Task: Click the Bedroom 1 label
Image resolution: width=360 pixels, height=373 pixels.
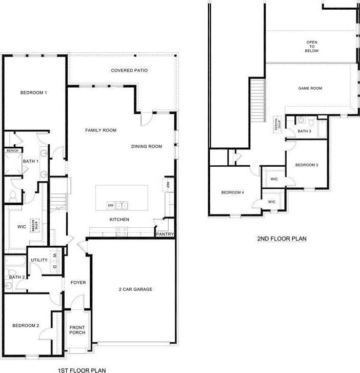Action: pyautogui.click(x=34, y=93)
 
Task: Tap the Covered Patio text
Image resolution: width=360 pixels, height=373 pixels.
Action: pyautogui.click(x=129, y=70)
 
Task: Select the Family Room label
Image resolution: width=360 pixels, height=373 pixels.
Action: pyautogui.click(x=101, y=130)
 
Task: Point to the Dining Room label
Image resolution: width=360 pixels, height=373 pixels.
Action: pyautogui.click(x=147, y=147)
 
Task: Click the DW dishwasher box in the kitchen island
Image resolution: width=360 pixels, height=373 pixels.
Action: pyautogui.click(x=110, y=206)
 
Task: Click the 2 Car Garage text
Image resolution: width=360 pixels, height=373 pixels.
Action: pyautogui.click(x=135, y=289)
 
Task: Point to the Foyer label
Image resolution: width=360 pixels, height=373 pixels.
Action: pyautogui.click(x=78, y=283)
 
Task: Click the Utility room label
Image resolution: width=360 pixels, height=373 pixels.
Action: pyautogui.click(x=39, y=260)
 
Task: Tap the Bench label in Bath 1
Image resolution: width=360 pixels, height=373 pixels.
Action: pyautogui.click(x=12, y=151)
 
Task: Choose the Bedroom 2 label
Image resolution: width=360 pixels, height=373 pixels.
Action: pyautogui.click(x=26, y=325)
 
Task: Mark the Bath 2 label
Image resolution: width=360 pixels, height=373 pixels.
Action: pyautogui.click(x=17, y=277)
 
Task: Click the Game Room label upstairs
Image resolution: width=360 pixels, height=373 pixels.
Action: pyautogui.click(x=310, y=88)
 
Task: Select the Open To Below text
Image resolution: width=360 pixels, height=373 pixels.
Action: pyautogui.click(x=312, y=47)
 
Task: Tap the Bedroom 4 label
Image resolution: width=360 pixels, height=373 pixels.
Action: pyautogui.click(x=232, y=192)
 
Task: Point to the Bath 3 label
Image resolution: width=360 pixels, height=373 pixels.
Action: pyautogui.click(x=305, y=131)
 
